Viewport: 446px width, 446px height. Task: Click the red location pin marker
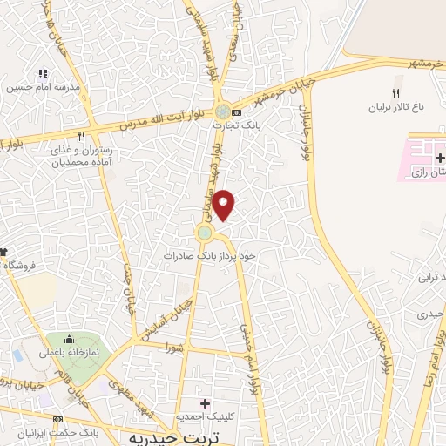225,205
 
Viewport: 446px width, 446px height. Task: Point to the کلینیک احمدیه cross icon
206,403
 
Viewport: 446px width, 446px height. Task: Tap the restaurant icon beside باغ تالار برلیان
395,93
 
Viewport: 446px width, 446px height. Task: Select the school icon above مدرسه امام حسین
41,73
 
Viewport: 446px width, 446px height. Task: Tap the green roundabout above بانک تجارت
224,111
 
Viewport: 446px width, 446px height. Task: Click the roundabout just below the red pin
205,233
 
